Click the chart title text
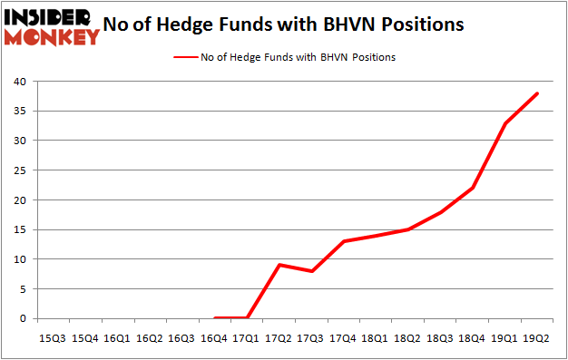point(284,24)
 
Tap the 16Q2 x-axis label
point(150,338)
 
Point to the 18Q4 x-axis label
point(473,338)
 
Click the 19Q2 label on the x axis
point(537,338)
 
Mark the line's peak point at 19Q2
point(537,93)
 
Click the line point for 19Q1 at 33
point(505,123)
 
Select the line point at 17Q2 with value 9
point(279,265)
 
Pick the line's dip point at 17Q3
point(311,271)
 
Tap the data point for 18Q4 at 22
point(473,188)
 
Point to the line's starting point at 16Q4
point(215,318)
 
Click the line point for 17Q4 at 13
point(344,241)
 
